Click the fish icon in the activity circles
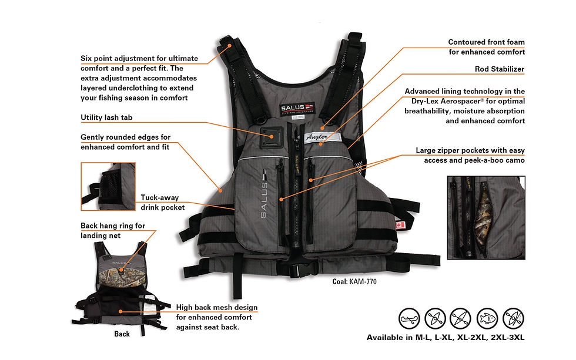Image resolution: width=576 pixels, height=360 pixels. pos(487,318)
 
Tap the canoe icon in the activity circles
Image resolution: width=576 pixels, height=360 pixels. pos(409,318)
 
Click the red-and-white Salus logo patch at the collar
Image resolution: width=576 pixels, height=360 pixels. pos(297,108)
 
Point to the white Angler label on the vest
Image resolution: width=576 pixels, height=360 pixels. pos(322,137)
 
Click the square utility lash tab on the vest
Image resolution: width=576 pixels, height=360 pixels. pos(272,137)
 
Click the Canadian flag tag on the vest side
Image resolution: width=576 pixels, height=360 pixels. pos(400,224)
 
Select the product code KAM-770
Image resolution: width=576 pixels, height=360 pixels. pos(363,281)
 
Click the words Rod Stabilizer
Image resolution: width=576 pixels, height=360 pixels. pos(499,69)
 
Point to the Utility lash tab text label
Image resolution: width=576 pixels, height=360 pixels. pos(106,117)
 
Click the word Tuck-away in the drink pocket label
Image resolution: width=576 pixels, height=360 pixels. pos(160,197)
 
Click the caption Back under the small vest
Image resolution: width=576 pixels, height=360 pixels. pos(122,334)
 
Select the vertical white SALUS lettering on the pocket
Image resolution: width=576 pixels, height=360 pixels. pos(264,194)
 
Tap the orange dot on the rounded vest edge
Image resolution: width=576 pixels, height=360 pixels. pos(220,190)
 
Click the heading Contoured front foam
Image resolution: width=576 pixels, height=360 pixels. pos(487,42)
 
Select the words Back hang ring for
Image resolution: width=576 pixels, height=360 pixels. pos(113,226)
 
